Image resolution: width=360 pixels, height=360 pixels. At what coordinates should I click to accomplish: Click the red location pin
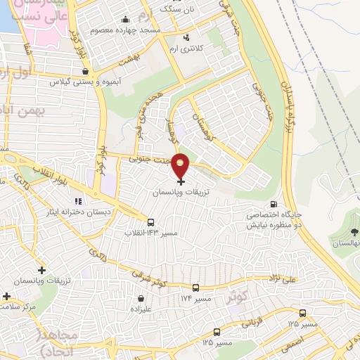coord(181,166)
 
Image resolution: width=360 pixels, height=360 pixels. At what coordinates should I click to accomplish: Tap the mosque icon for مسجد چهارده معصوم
coord(125,19)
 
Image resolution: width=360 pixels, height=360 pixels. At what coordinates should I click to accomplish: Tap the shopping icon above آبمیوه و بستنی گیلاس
coord(85,70)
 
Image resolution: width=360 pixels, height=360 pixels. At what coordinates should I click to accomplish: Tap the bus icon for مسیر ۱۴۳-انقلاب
coord(150,223)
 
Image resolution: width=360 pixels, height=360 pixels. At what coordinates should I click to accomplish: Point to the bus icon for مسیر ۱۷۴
coord(195,288)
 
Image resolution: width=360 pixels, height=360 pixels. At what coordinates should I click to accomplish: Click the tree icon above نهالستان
coord(354,231)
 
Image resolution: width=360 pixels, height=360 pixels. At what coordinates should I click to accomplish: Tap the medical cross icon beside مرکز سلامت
coord(6,296)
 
